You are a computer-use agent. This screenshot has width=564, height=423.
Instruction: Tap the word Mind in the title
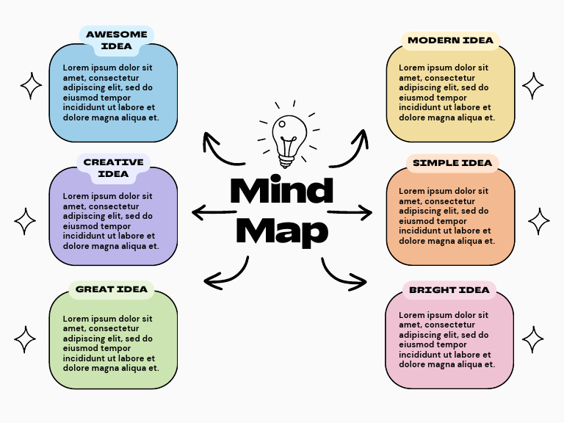(281, 192)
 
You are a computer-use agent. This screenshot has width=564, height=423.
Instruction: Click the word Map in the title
(281, 231)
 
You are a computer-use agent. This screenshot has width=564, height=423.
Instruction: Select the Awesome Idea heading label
(116, 40)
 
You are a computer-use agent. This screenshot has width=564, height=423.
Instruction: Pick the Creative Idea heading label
(113, 168)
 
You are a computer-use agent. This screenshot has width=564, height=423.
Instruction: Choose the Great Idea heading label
(112, 289)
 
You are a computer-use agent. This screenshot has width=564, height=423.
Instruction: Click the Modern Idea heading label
(450, 40)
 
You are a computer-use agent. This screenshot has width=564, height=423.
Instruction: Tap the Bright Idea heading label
(449, 290)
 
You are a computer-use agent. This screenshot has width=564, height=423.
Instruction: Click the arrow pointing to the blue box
(221, 150)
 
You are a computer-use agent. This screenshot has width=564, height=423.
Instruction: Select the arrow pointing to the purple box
(214, 213)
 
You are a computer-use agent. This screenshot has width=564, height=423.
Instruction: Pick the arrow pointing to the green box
(225, 272)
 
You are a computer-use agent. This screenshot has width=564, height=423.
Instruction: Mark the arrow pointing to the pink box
(342, 273)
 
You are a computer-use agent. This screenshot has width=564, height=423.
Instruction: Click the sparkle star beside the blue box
(31, 86)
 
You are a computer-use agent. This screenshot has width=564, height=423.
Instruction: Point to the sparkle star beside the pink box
(533, 340)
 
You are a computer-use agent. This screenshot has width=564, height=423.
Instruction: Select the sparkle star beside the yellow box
(533, 86)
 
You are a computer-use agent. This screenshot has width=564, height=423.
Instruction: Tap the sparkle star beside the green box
(25, 340)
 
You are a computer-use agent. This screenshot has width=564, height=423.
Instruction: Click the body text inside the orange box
(447, 216)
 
